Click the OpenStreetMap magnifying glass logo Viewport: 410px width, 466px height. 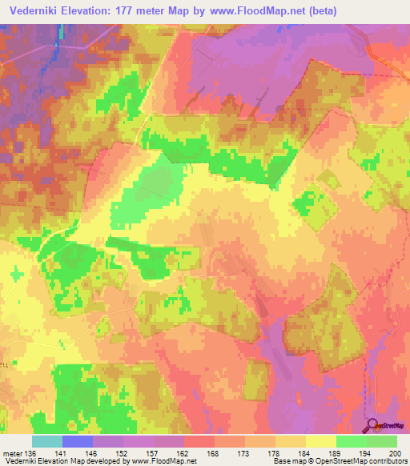pos(372,424)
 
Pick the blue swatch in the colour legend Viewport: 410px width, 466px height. pos(78,441)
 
